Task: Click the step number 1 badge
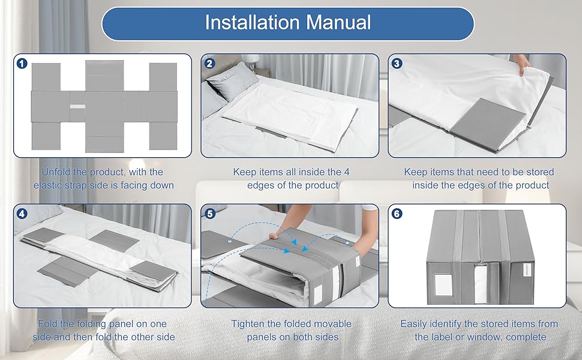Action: point(22,64)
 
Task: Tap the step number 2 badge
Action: point(210,64)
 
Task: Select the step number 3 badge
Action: point(397,64)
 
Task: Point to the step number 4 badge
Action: point(22,214)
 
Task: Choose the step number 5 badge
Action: point(210,214)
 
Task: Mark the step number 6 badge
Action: point(397,214)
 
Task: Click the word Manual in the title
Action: point(338,22)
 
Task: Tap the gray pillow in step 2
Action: point(232,80)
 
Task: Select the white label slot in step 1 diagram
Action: point(77,107)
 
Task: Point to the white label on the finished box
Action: point(443,285)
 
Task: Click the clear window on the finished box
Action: point(481,284)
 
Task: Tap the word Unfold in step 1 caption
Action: point(56,172)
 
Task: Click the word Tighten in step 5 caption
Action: point(248,324)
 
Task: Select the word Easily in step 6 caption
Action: point(413,324)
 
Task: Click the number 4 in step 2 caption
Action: point(347,172)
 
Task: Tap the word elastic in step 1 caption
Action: point(47,185)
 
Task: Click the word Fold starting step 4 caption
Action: point(47,323)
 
